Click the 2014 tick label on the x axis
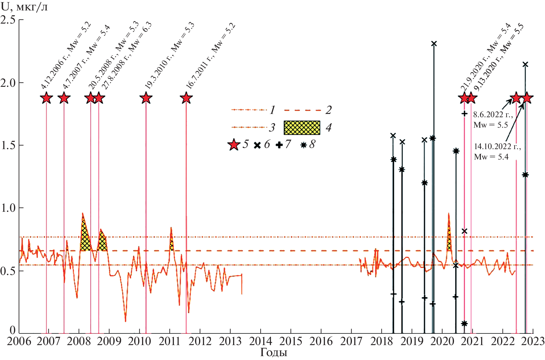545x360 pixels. (261, 341)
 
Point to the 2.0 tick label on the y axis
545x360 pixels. (8, 83)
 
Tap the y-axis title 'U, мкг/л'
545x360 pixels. (24, 7)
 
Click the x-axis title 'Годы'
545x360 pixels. (274, 353)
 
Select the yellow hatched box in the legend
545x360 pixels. (302, 128)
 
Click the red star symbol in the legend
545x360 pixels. (234, 145)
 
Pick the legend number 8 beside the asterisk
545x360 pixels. (312, 144)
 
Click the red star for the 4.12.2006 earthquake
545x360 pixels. (46, 98)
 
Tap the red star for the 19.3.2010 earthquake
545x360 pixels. (146, 98)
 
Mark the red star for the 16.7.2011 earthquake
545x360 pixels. (186, 98)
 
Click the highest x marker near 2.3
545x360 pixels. (434, 44)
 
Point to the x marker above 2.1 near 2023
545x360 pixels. (525, 64)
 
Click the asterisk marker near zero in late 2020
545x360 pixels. (464, 324)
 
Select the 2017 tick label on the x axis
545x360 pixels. (351, 341)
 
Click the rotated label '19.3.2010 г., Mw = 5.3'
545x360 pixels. (169, 56)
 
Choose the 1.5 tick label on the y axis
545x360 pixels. (8, 145)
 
